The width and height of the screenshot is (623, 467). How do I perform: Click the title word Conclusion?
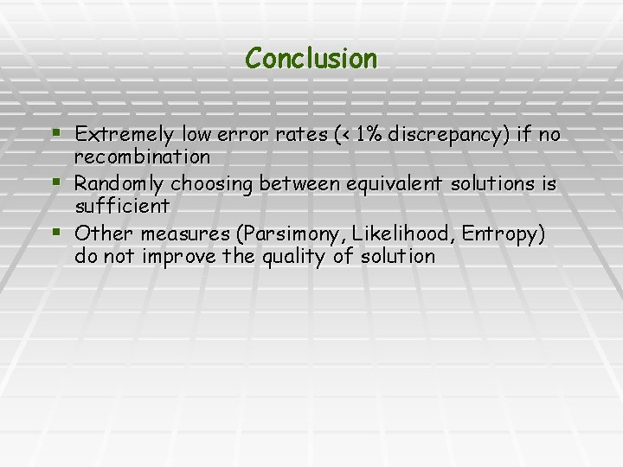(x=311, y=59)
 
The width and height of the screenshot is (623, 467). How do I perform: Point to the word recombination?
(x=143, y=157)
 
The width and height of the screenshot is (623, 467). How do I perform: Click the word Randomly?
(x=119, y=184)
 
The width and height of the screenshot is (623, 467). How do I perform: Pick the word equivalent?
(x=395, y=184)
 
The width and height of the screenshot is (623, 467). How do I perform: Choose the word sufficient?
(x=122, y=207)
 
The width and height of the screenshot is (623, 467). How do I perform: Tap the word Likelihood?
(x=396, y=233)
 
